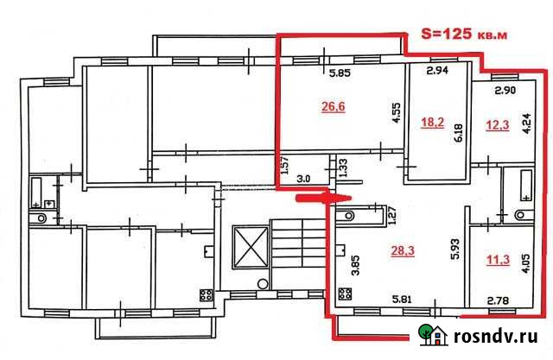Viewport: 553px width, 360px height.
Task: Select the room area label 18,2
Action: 431,123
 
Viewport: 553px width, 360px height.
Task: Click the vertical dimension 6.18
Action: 459,131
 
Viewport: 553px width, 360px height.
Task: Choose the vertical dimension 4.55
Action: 394,115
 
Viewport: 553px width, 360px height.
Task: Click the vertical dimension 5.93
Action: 453,249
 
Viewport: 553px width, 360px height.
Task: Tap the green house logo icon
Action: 431,335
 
